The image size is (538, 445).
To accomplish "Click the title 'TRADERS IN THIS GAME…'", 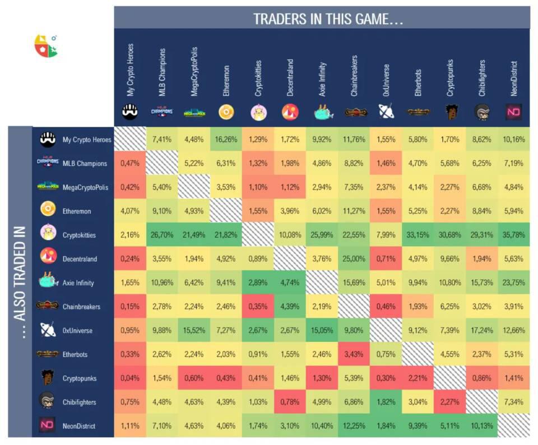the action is click(328, 19).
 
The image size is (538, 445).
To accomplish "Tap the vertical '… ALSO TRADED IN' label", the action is click(20, 282).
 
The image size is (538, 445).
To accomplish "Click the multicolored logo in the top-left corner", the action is click(46, 46).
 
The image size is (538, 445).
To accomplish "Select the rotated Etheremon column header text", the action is click(226, 81).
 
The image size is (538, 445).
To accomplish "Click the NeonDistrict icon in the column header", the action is click(514, 112).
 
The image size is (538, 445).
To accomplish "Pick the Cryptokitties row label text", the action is click(79, 235).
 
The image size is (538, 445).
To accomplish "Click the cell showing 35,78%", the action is click(514, 235).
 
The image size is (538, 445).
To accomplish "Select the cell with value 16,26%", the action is click(226, 140).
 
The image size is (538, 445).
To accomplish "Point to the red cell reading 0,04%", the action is click(130, 378).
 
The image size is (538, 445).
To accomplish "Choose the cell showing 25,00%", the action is click(354, 259).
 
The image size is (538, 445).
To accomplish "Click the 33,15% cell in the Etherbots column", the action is click(418, 235).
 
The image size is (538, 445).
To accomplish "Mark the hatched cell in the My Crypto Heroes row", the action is click(130, 139).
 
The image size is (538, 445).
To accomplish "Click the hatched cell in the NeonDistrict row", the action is click(514, 425).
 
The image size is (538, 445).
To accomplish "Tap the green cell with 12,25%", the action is click(354, 425).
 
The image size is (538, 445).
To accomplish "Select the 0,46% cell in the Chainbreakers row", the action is click(386, 307).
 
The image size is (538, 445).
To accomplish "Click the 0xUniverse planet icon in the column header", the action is click(386, 111).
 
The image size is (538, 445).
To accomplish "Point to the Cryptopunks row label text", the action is click(79, 378).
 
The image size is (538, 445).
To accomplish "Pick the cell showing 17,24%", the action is click(482, 330).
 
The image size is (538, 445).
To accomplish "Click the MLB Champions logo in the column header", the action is click(162, 112).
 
